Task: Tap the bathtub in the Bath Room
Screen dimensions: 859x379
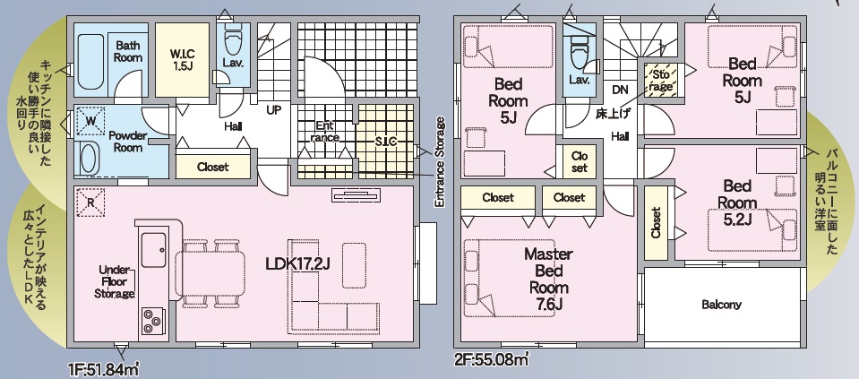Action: [x=91, y=62]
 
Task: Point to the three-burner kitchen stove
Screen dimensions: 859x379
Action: [x=152, y=321]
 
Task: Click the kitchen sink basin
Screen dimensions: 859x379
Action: [x=153, y=250]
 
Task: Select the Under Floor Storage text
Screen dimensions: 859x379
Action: [x=114, y=282]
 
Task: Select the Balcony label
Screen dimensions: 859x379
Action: [x=721, y=305]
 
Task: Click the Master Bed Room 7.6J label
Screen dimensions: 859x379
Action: [x=548, y=280]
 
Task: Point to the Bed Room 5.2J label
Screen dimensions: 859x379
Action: [x=736, y=202]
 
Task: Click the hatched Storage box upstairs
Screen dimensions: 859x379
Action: [x=661, y=80]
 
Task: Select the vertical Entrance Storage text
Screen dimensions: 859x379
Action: [x=439, y=161]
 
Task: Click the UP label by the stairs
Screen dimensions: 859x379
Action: [x=273, y=110]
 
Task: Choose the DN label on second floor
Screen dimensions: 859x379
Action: [x=620, y=90]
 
